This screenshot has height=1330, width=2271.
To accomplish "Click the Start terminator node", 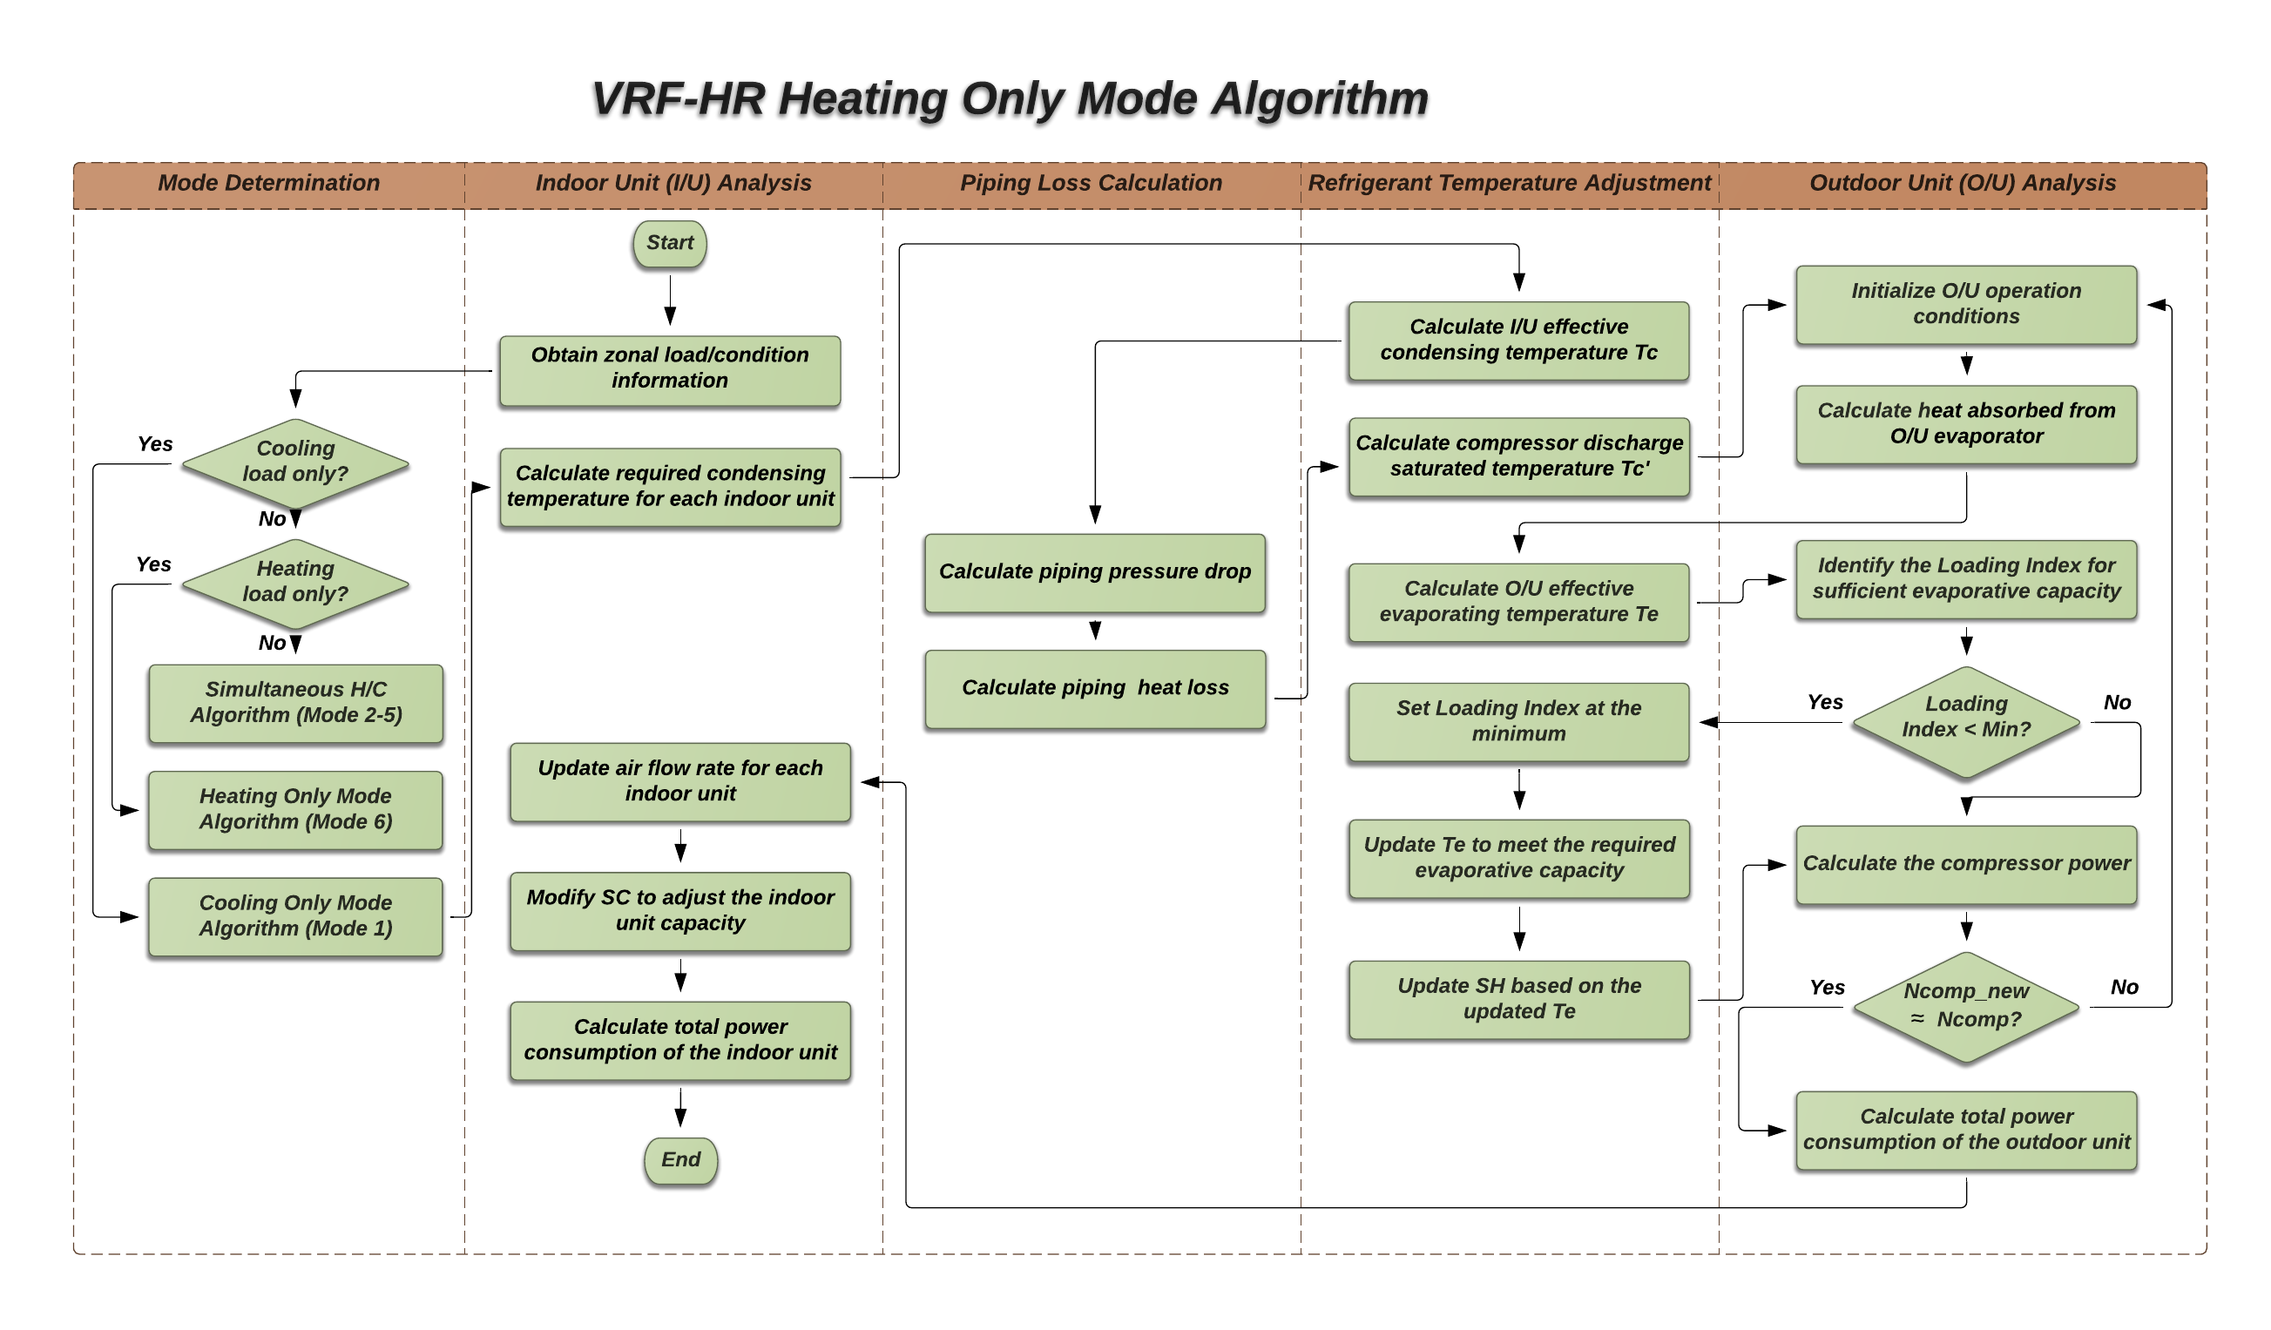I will point(670,243).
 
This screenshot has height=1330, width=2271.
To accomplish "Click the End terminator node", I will point(680,1159).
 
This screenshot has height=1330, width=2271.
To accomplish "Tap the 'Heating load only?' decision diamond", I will point(295,583).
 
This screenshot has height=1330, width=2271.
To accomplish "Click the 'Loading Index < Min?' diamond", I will point(1965,722).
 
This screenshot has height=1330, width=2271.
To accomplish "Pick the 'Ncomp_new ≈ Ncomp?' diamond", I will point(1965,1007).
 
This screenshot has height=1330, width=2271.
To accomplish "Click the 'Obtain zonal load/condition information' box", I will point(670,369).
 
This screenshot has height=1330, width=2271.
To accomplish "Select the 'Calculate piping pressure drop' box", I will point(1094,572).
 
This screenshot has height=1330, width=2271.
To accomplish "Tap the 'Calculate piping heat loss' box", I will point(1094,688).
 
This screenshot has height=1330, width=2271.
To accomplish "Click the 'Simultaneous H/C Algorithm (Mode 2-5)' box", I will point(295,703).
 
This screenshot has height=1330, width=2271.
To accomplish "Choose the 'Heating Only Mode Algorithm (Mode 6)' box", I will point(295,809).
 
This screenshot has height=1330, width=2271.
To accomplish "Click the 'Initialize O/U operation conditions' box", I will point(1965,305).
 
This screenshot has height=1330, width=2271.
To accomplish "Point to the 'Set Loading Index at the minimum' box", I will point(1518,722).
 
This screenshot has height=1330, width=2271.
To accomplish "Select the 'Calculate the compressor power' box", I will point(1965,864).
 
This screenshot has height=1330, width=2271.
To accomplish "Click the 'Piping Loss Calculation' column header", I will point(1091,184).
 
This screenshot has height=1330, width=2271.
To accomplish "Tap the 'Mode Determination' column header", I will point(268,184).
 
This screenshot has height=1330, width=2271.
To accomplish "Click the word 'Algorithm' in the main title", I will point(1319,99).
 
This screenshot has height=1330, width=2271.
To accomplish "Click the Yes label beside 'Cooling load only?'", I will point(155,444).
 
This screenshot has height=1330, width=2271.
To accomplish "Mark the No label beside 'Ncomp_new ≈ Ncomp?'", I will point(2123,988).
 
